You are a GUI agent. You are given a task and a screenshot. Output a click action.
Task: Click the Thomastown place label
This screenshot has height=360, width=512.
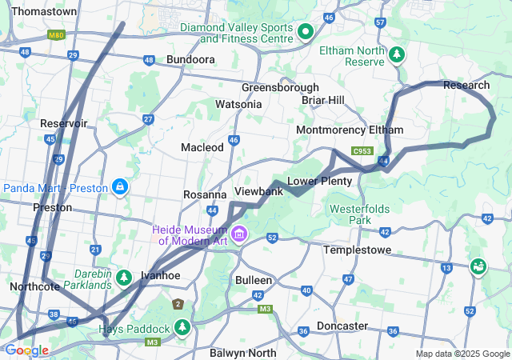coord(45,12)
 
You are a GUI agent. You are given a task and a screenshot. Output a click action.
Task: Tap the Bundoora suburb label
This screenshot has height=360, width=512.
coord(190,60)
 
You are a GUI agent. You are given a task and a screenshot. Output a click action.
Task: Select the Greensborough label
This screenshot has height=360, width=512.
coord(280,87)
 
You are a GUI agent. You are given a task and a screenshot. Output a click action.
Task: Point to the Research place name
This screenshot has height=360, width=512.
coord(466,86)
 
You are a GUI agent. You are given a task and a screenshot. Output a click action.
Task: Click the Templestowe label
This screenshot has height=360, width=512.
coord(356,250)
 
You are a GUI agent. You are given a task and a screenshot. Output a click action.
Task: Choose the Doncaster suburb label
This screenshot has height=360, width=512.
coord(342,326)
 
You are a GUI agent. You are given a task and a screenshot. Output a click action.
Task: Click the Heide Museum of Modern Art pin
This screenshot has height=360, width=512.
coord(239,232)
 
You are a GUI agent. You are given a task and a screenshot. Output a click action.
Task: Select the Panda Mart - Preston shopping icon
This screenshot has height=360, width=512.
coord(119,187)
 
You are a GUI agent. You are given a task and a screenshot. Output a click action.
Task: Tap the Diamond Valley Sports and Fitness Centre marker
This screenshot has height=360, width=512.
coord(305,32)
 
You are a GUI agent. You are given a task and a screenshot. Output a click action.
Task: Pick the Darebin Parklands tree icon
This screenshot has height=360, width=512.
coord(123,278)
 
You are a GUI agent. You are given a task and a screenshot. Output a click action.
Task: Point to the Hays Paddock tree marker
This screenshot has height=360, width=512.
coord(183,328)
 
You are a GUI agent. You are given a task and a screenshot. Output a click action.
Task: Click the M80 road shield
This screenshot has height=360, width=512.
coord(56,36)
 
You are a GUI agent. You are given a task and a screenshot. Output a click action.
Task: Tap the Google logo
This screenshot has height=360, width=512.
coord(26,350)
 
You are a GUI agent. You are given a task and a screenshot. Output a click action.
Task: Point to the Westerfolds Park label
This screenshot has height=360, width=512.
coord(361,214)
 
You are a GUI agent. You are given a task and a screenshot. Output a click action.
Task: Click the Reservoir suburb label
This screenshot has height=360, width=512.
coord(64,123)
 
